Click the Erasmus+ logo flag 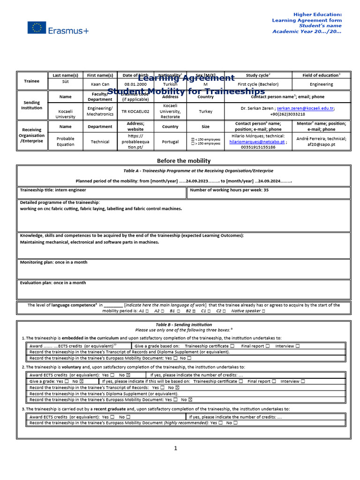(37, 28)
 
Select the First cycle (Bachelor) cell (258, 84)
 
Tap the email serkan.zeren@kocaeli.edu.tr (305, 108)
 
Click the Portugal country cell (170, 142)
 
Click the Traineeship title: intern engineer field (53, 190)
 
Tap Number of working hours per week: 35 (230, 190)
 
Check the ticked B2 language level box (194, 311)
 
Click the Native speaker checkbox (263, 311)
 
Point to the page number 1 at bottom (176, 449)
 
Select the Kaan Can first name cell (100, 84)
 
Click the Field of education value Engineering (322, 84)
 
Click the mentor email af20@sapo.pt (322, 144)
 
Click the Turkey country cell (205, 112)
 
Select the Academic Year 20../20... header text (307, 31)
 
